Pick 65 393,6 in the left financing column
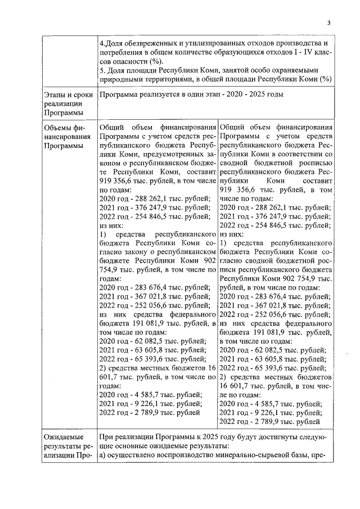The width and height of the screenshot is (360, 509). (x=146, y=358)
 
